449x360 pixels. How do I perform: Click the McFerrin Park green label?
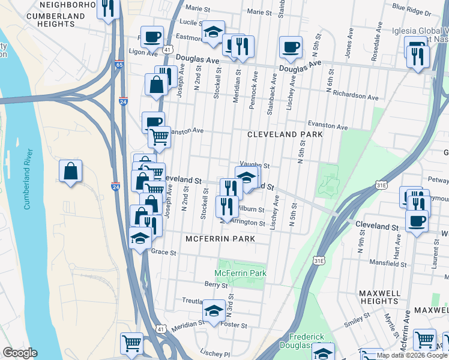[242, 274]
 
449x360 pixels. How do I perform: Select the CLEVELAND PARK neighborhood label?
[285, 134]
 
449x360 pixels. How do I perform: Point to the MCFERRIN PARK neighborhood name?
[220, 239]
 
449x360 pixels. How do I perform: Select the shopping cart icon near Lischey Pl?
[131, 343]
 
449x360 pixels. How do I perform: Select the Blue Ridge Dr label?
[411, 11]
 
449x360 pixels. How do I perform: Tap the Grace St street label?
[163, 253]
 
